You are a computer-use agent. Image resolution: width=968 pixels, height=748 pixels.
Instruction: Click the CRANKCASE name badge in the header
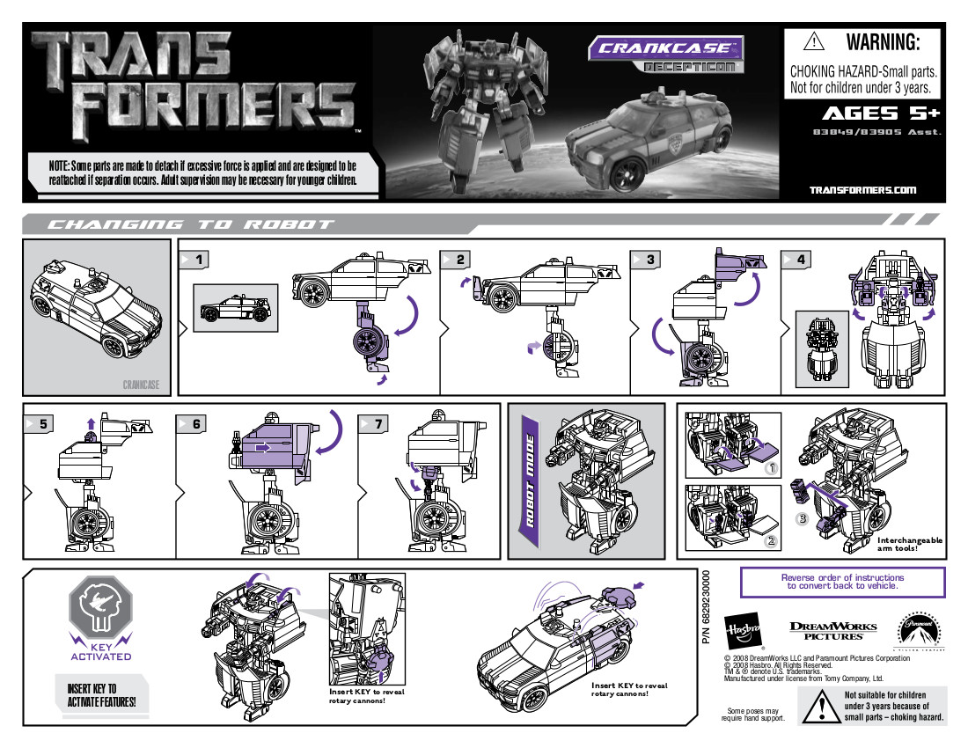point(665,48)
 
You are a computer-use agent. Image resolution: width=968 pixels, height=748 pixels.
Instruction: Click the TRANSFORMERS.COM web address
point(862,189)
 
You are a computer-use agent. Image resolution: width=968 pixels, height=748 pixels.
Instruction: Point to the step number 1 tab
point(195,259)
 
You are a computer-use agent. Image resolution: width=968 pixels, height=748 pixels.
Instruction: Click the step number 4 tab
point(796,260)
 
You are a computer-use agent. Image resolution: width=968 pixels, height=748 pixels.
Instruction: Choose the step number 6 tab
point(191,423)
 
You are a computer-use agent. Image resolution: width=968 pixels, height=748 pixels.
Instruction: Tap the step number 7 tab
point(374,423)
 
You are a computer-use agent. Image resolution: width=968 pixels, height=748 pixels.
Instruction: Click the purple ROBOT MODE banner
point(531,480)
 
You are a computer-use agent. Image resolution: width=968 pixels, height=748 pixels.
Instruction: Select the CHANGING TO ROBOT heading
point(189,224)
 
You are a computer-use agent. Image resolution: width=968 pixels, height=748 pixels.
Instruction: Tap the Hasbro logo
point(741,630)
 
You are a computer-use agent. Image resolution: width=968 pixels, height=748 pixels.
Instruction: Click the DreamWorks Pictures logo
point(832,630)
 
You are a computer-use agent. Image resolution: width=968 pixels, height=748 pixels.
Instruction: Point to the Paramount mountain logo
point(918,629)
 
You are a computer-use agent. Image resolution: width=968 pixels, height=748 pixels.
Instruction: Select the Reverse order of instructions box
point(842,582)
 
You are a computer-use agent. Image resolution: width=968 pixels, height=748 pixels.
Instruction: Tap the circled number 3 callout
point(802,518)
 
